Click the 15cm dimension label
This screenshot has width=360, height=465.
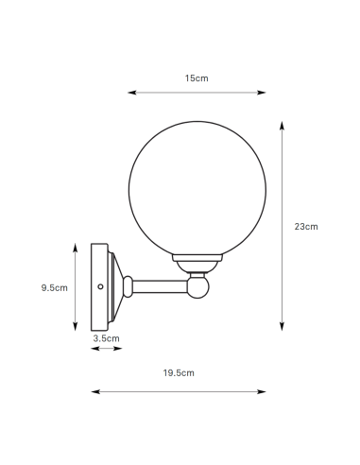(197, 78)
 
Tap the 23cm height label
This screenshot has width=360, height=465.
(306, 226)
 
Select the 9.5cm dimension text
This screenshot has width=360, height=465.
(55, 287)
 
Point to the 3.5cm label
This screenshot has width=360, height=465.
(106, 336)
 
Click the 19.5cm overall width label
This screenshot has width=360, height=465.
(179, 373)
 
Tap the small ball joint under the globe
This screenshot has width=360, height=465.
(198, 284)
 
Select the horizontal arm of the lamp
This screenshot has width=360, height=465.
(161, 284)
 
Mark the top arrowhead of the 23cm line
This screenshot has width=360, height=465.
(282, 122)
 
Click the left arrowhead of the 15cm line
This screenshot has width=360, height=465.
(130, 93)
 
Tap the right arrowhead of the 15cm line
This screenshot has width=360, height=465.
(264, 93)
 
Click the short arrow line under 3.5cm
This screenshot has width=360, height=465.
(106, 349)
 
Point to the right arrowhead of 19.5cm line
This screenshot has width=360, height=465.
(264, 390)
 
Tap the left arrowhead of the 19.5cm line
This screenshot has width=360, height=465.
(93, 390)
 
